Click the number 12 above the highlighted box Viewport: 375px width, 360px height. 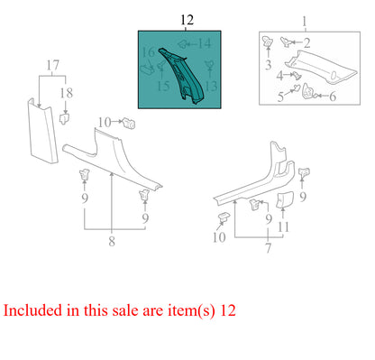pyautogui.click(x=186, y=20)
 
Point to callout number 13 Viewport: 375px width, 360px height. pyautogui.click(x=212, y=86)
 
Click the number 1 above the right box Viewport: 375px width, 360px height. pyautogui.click(x=304, y=20)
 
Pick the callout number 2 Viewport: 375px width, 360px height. pyautogui.click(x=306, y=42)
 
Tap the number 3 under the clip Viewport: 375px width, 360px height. pyautogui.click(x=268, y=65)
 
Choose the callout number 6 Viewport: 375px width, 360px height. pyautogui.click(x=332, y=96)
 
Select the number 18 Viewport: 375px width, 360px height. pyautogui.click(x=64, y=92)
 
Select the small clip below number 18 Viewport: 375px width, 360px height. pyautogui.click(x=65, y=116)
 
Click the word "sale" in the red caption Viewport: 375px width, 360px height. pyautogui.click(x=154, y=311)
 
